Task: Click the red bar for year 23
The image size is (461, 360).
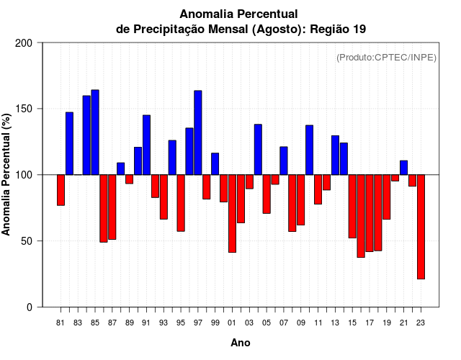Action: point(421,227)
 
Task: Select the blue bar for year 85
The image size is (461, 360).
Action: point(95,132)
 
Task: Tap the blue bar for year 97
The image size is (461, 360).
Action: point(198,132)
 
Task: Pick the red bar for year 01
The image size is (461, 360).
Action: point(232,213)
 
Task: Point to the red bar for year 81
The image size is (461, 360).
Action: point(61,190)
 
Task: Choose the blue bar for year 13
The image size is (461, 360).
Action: point(335,155)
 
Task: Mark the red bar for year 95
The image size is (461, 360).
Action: point(181,203)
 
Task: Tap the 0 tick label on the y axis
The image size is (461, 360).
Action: point(29,307)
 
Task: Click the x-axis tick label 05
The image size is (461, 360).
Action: point(267,323)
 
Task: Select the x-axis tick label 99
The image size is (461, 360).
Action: point(215,323)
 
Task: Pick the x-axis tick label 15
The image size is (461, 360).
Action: point(352,323)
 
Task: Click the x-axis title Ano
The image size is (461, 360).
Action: point(241,343)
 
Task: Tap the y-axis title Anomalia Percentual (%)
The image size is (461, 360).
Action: point(7,175)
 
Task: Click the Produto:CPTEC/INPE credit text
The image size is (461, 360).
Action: point(387,57)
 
